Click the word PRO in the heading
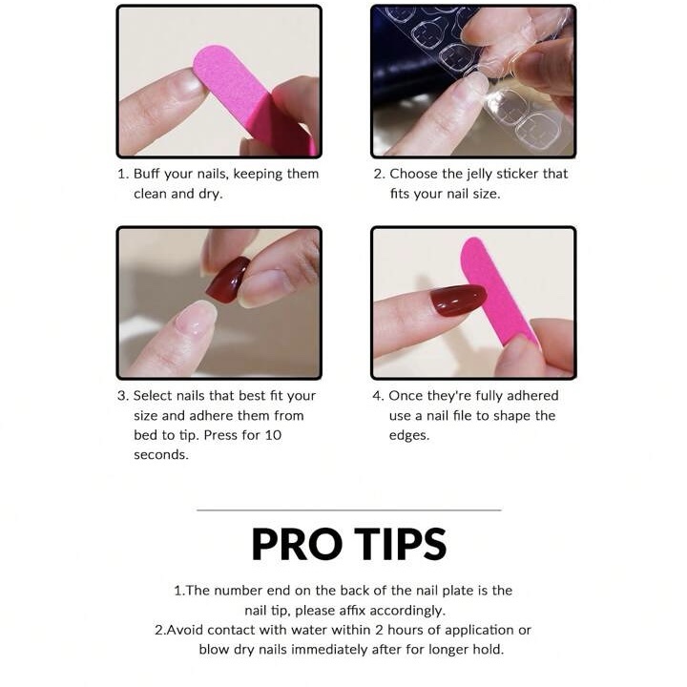tap(297, 544)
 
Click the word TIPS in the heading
tap(401, 544)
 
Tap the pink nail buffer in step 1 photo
tap(254, 98)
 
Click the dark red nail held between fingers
tap(227, 280)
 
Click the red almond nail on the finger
tap(458, 300)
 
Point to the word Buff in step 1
tap(146, 174)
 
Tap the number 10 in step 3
tap(273, 435)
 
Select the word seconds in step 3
tap(161, 455)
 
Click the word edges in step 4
tap(409, 436)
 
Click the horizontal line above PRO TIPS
tap(349, 510)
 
